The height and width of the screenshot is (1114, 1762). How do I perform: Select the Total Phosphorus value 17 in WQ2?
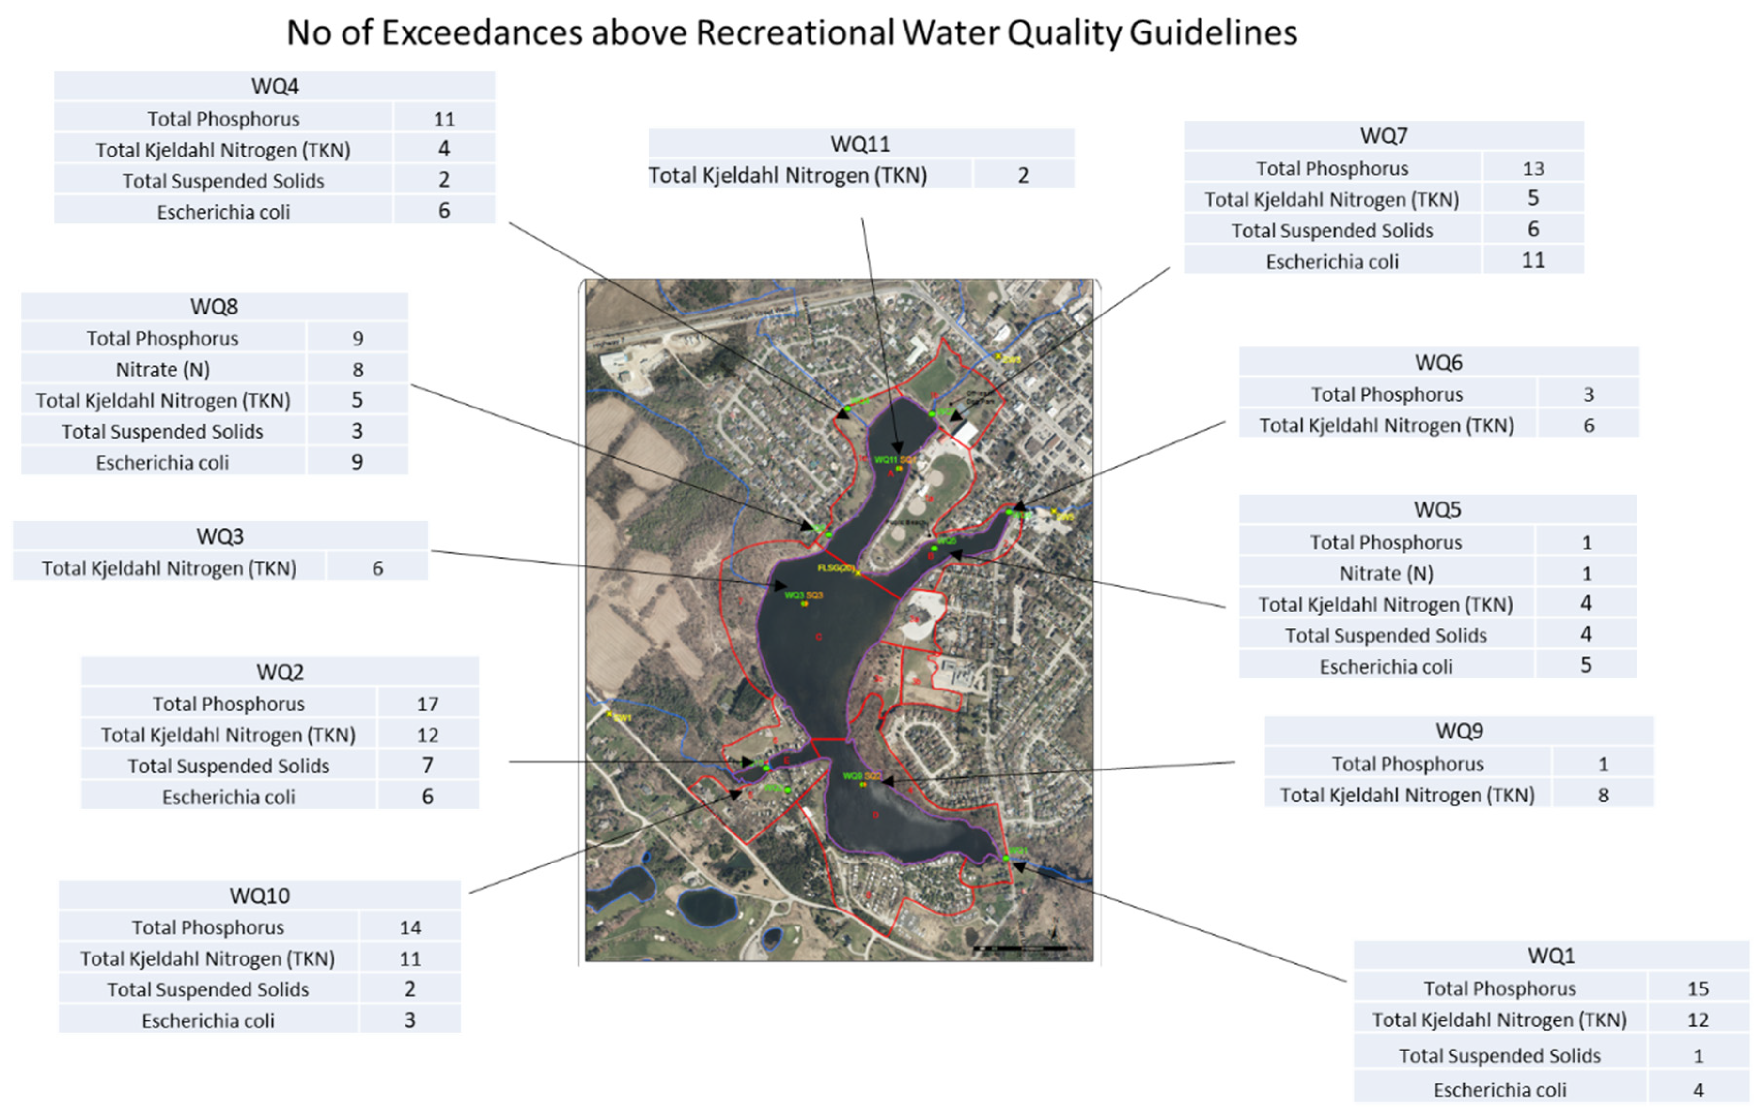pyautogui.click(x=427, y=704)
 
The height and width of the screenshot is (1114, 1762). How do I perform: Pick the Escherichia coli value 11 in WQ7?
pyautogui.click(x=1533, y=261)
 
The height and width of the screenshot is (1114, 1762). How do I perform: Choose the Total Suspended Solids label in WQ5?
pyautogui.click(x=1386, y=635)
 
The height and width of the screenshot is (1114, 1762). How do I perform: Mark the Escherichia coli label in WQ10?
pyautogui.click(x=208, y=1020)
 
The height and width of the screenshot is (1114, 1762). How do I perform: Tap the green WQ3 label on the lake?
pyautogui.click(x=794, y=595)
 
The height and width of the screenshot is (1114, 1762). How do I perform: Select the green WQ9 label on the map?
pyautogui.click(x=852, y=776)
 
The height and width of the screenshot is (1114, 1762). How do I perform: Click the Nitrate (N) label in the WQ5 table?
pyautogui.click(x=1386, y=573)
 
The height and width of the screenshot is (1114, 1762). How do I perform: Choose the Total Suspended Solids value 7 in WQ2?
pyautogui.click(x=427, y=766)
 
